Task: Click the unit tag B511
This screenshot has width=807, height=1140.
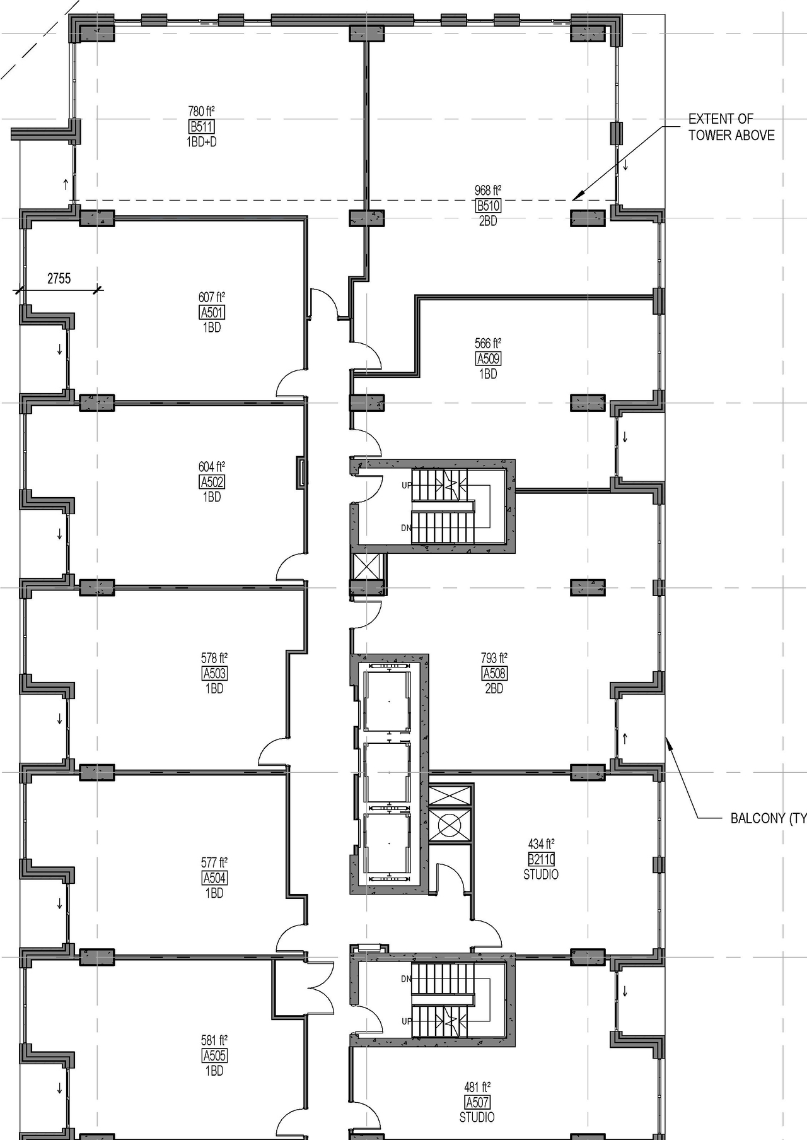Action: pos(201,127)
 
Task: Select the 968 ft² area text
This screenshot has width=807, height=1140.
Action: pos(488,190)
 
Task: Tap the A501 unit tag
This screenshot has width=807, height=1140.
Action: pos(212,312)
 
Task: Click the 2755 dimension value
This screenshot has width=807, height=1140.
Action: pos(59,278)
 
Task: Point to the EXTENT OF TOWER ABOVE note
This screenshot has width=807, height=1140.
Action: pos(731,127)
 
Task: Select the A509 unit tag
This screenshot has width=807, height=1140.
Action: pos(488,359)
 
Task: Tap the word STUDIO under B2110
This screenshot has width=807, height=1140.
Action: pos(540,874)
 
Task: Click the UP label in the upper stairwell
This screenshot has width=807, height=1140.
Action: pos(407,485)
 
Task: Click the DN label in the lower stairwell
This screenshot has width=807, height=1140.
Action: pos(406,979)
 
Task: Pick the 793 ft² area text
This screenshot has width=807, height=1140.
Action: pos(494,658)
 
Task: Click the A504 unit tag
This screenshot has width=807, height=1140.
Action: pos(214,878)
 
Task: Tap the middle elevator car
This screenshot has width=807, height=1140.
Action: pos(389,772)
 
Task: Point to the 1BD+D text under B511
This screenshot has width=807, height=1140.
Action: pos(201,142)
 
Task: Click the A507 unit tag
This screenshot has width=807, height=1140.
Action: pos(477,1102)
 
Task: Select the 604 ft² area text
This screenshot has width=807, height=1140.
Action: pos(212,466)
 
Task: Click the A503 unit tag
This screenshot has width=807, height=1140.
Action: pos(214,673)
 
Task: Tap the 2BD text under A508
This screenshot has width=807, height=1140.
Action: pos(494,689)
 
